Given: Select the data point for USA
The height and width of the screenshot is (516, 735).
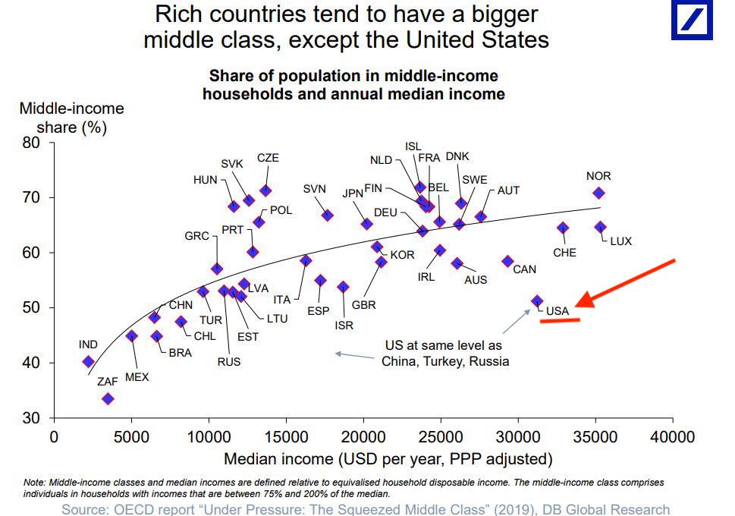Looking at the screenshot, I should [537, 301].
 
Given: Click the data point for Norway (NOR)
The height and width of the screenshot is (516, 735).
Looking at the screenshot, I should [598, 193].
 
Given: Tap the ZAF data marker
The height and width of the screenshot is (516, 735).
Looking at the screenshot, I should [108, 398].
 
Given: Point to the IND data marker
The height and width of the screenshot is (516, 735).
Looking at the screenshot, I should [88, 362].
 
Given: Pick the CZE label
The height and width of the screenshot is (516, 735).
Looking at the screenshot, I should [268, 158].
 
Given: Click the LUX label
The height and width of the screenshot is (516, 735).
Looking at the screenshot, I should [620, 241].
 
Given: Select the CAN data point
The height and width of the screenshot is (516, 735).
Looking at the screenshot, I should [507, 261].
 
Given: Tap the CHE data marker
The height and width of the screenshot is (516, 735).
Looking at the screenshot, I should [563, 228].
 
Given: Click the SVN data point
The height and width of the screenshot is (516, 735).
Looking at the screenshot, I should [327, 216].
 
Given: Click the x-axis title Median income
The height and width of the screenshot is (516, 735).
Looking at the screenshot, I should [388, 458].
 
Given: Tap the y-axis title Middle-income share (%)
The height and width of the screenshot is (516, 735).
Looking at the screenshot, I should [71, 118].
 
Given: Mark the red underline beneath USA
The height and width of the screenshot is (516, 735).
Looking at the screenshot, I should [560, 321].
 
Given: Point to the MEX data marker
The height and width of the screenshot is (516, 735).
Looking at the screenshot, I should [131, 336].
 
